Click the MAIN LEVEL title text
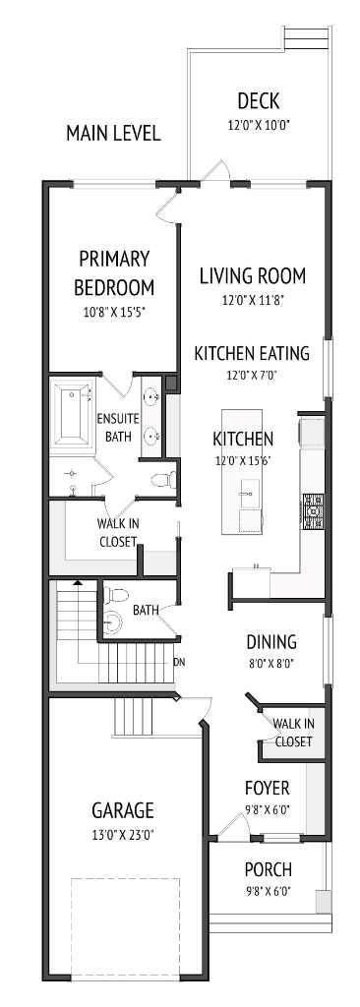[112, 133]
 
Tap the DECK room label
[259, 100]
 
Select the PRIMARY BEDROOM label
[115, 272]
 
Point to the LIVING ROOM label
[252, 275]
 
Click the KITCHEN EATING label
[252, 353]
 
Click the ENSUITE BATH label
[117, 427]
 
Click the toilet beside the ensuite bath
[165, 479]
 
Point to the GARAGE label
[123, 810]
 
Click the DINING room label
[271, 642]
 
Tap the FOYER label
[267, 788]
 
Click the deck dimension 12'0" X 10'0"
[259, 125]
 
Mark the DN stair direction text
[179, 662]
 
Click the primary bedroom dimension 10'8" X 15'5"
[115, 314]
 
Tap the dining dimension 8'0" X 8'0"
[271, 664]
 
